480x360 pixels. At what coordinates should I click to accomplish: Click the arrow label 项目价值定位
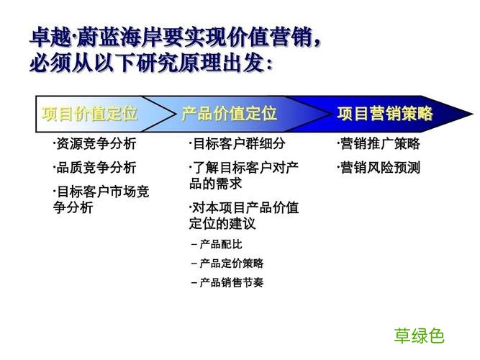(x=90, y=113)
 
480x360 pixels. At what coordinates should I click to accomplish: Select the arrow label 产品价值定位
(x=229, y=113)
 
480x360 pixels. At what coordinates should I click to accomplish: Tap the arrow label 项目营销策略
(x=385, y=113)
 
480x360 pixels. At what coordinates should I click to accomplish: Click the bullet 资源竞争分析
(x=94, y=144)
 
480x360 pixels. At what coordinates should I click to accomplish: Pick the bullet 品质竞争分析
(x=94, y=168)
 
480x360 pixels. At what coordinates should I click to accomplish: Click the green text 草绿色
(x=419, y=335)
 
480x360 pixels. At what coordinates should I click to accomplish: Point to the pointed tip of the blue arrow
(x=471, y=114)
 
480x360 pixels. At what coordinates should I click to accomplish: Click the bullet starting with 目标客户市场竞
(x=100, y=199)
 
